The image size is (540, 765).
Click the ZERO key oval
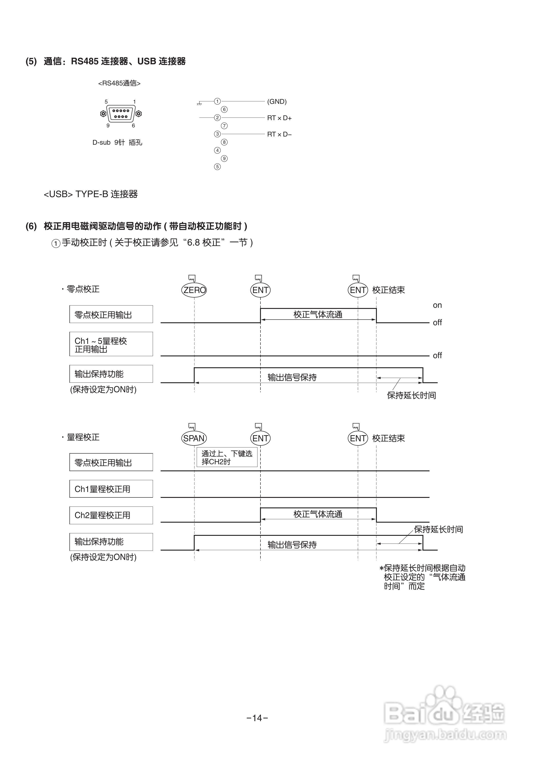click(194, 290)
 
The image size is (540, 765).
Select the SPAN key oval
click(194, 438)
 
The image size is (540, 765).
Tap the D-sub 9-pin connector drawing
click(121, 114)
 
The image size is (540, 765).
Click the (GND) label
click(277, 101)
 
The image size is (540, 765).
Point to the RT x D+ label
click(279, 118)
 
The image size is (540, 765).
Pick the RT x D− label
click(279, 134)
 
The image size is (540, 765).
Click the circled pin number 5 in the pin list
click(217, 166)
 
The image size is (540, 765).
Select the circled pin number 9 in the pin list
click(224, 159)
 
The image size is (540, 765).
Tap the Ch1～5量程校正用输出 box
click(111, 344)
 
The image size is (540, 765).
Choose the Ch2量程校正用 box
click(111, 515)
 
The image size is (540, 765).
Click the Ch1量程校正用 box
click(111, 489)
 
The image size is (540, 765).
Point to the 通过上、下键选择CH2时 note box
click(227, 457)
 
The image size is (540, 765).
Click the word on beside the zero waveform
click(437, 305)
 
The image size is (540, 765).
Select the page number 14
click(257, 718)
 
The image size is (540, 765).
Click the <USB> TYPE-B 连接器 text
click(91, 194)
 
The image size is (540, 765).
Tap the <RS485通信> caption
click(119, 83)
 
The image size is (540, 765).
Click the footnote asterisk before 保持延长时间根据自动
click(382, 568)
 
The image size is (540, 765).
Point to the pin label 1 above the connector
click(134, 102)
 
